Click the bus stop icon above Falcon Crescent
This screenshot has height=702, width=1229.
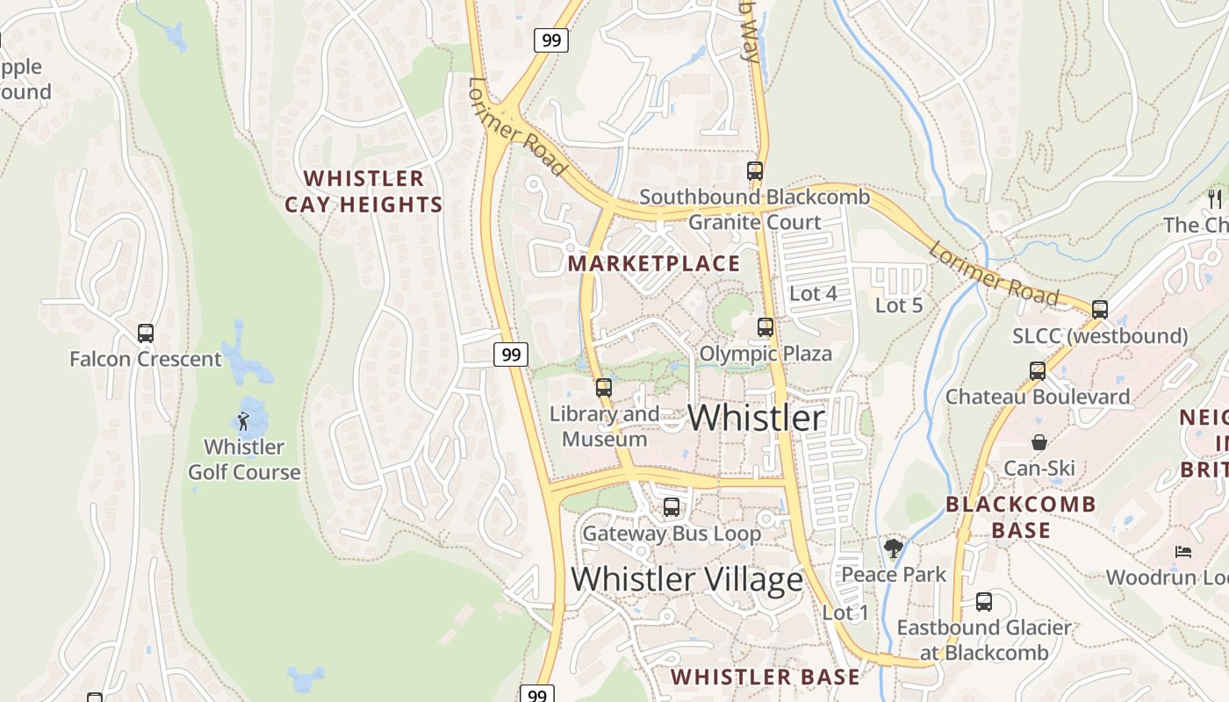pyautogui.click(x=146, y=333)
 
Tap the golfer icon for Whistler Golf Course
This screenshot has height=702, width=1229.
pyautogui.click(x=244, y=421)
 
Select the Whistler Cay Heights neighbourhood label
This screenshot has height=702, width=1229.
pyautogui.click(x=363, y=191)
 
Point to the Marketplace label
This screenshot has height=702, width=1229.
pyautogui.click(x=654, y=263)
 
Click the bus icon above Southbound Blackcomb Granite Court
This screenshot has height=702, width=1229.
pyautogui.click(x=755, y=171)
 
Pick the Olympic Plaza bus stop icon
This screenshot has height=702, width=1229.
pyautogui.click(x=765, y=327)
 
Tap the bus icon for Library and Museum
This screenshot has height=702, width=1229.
pyautogui.click(x=604, y=388)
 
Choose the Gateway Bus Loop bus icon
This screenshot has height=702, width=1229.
pyautogui.click(x=672, y=506)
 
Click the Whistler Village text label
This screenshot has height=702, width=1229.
pyautogui.click(x=686, y=579)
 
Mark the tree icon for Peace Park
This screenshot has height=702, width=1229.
pyautogui.click(x=894, y=549)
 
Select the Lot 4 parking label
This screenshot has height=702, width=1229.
pyautogui.click(x=813, y=293)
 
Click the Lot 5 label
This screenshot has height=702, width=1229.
pyautogui.click(x=899, y=305)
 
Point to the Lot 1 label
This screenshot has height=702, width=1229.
pyautogui.click(x=845, y=612)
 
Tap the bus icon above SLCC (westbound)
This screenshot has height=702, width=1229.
pyautogui.click(x=1100, y=309)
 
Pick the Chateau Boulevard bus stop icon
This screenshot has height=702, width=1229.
pyautogui.click(x=1038, y=370)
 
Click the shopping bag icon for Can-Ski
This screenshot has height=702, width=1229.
pyautogui.click(x=1039, y=442)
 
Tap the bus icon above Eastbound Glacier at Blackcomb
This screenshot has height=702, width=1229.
pyautogui.click(x=984, y=602)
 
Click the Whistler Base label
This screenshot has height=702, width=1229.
pyautogui.click(x=765, y=677)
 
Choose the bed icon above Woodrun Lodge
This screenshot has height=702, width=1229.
pyautogui.click(x=1183, y=552)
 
